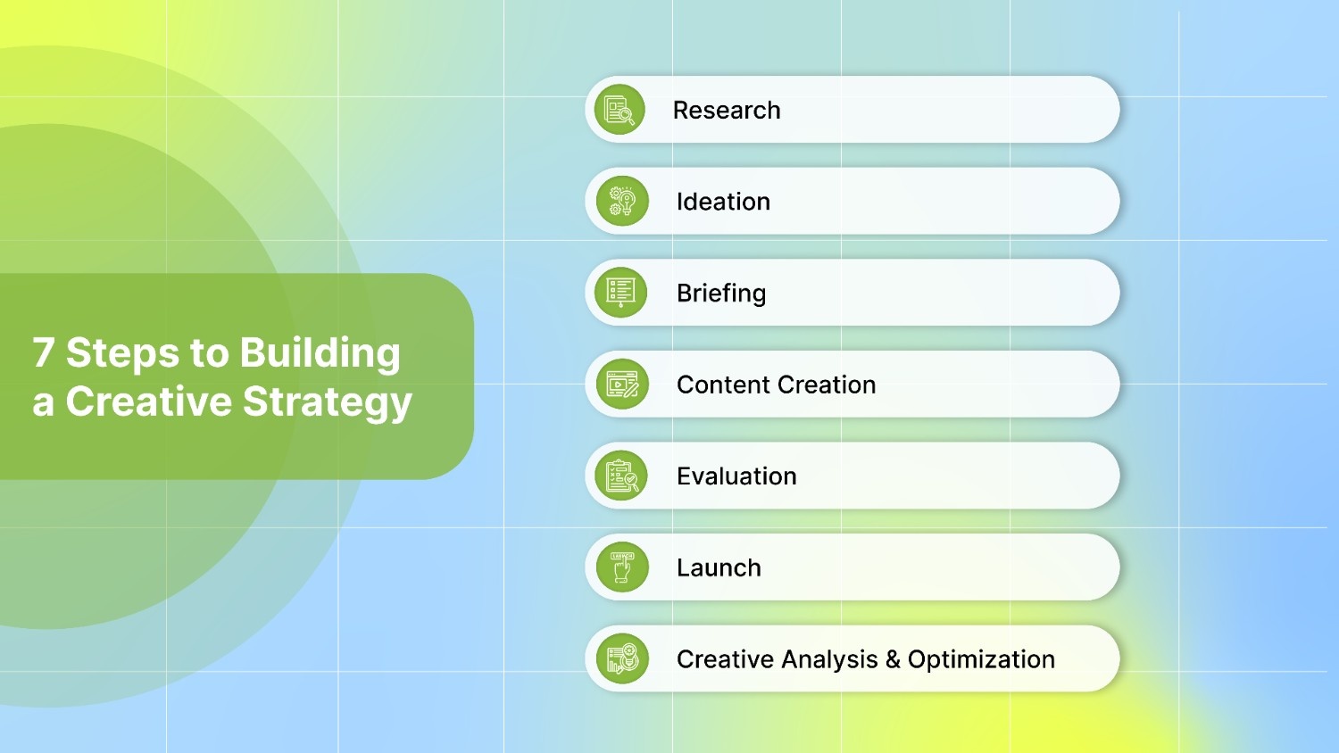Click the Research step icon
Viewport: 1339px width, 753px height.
coord(620,110)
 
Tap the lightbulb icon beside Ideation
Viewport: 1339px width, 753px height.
coord(622,202)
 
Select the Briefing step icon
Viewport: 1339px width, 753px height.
coord(620,293)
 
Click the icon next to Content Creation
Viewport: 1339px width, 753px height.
coord(622,385)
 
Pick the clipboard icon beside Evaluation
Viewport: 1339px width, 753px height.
coord(622,476)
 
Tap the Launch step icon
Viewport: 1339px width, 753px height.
coord(622,567)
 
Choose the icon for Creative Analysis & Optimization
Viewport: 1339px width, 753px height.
coord(622,659)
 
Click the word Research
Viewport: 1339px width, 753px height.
coord(727,111)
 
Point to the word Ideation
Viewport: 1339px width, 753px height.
coord(723,202)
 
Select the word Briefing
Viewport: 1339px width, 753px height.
coord(721,294)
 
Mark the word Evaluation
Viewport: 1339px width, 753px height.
coord(736,476)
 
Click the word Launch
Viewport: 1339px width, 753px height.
coord(719,568)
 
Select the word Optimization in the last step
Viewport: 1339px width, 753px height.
coord(981,659)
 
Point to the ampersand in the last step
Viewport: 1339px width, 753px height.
coord(893,659)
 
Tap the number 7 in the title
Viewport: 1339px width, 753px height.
coord(44,352)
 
